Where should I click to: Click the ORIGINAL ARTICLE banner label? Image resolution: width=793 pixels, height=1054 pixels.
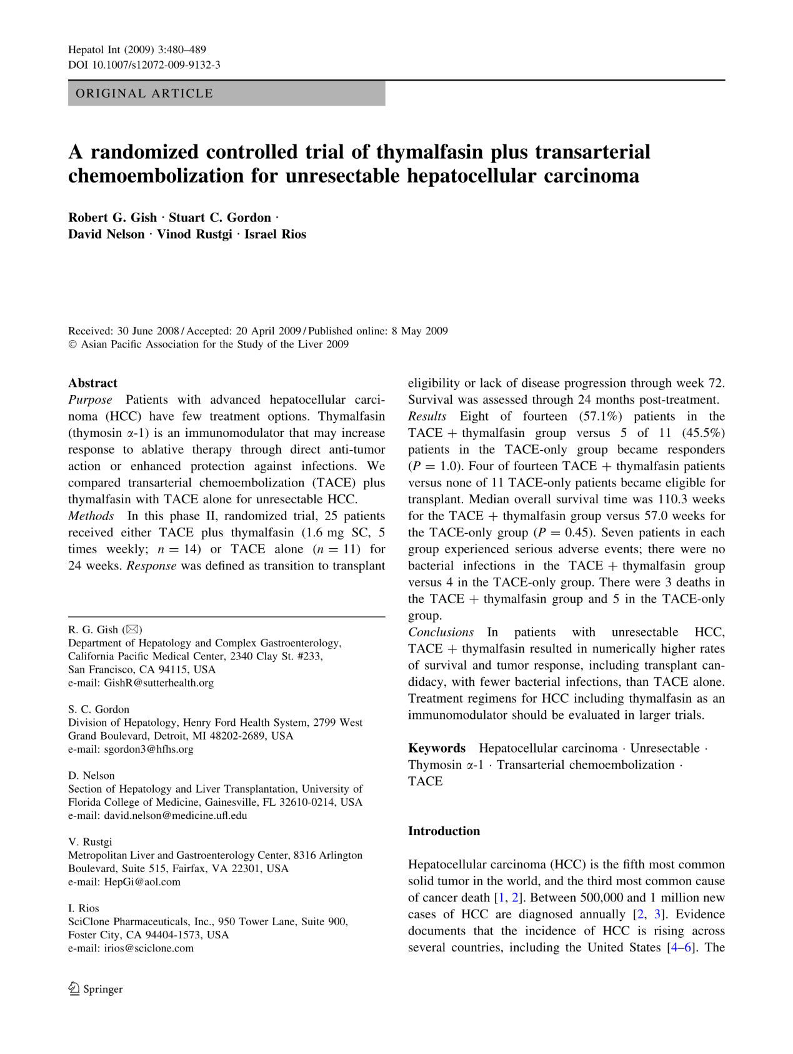coord(144,94)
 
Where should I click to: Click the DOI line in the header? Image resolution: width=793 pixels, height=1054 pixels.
coord(144,65)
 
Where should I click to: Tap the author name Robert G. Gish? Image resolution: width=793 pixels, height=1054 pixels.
coord(112,218)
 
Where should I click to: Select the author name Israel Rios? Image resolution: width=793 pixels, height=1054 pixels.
coord(275,234)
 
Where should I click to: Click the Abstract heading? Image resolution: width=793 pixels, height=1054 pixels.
coord(92,383)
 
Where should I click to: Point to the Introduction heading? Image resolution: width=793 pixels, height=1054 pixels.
coord(444,831)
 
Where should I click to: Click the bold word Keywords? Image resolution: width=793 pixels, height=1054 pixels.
coord(437,748)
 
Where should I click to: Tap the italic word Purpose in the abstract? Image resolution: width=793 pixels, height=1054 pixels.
coord(90,400)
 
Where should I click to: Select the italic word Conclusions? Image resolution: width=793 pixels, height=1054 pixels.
coord(441,632)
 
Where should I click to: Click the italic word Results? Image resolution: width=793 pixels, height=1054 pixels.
coord(427,416)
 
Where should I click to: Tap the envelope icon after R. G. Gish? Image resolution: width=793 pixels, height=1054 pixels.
coord(132,630)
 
